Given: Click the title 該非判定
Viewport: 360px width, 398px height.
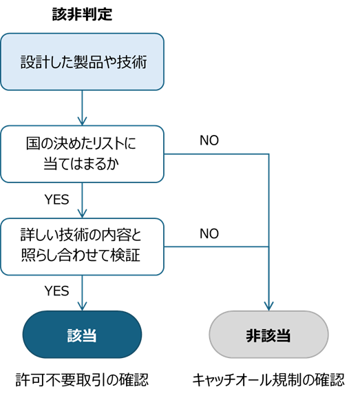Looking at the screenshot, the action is [x=82, y=14].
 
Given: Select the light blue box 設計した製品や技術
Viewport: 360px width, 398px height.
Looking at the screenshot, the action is [x=82, y=62].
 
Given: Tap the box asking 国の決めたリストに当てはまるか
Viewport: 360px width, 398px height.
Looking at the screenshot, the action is [x=82, y=154].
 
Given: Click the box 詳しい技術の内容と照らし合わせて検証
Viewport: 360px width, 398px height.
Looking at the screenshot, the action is [x=82, y=247].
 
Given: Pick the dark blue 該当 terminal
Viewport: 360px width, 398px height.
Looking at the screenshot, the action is [x=82, y=335].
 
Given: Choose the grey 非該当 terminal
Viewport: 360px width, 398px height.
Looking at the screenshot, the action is [x=268, y=335].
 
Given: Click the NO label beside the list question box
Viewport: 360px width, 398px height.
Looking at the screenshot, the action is [x=209, y=140].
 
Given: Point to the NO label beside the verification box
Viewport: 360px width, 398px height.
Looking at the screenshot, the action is [x=209, y=234].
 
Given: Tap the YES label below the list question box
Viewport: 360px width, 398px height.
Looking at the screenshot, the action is [x=57, y=200].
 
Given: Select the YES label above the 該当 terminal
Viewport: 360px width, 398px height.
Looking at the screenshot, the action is [x=57, y=291].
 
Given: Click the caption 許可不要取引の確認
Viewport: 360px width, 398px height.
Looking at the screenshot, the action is [x=82, y=380].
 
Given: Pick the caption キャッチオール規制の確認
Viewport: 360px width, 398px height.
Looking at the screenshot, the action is [x=268, y=380].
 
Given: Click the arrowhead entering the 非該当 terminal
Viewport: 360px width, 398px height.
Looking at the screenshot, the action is [x=268, y=306].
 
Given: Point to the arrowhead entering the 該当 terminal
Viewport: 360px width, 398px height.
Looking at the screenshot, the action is [x=82, y=306].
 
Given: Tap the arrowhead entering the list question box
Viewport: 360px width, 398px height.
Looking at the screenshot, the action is [x=82, y=121].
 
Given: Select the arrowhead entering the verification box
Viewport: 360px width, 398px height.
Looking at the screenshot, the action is [x=82, y=213].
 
